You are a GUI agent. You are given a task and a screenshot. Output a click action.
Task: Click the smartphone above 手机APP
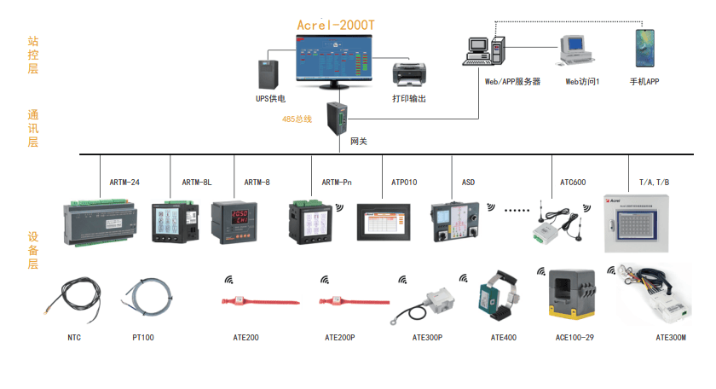click(x=644, y=49)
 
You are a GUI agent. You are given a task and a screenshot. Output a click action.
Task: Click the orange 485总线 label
click(x=297, y=119)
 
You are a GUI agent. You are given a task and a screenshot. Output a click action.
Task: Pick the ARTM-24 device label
click(x=124, y=183)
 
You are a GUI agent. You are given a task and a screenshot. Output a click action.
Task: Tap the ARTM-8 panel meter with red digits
click(x=233, y=221)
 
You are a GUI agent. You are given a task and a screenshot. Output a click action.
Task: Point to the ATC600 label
click(x=573, y=183)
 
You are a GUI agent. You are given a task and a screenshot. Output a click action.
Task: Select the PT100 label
click(x=142, y=338)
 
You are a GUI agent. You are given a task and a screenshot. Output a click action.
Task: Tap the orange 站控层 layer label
click(x=33, y=55)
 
